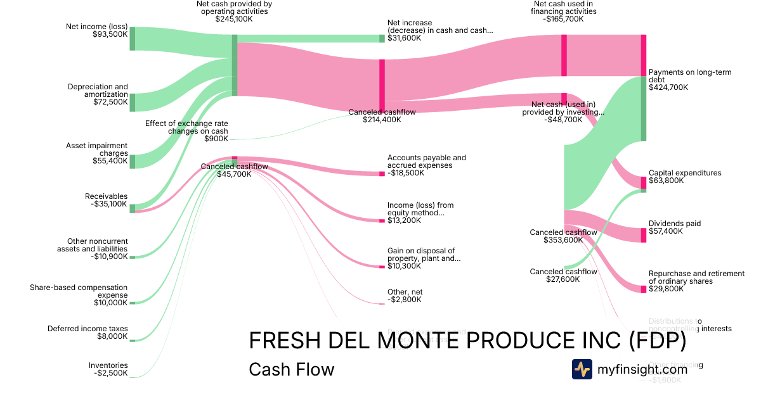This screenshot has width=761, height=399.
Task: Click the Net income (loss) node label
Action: pyautogui.click(x=96, y=27)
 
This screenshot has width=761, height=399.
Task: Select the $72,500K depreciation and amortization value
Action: pyautogui.click(x=110, y=102)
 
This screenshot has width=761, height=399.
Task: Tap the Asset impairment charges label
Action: pyautogui.click(x=96, y=149)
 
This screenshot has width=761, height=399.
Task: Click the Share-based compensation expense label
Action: pyautogui.click(x=79, y=291)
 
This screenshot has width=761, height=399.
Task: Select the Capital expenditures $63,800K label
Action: pyautogui.click(x=685, y=177)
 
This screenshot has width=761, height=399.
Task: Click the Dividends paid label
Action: pyautogui.click(x=675, y=227)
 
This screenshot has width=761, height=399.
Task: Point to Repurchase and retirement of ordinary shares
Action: pyautogui.click(x=696, y=277)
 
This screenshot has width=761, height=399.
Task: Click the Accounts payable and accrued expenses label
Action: pyautogui.click(x=426, y=161)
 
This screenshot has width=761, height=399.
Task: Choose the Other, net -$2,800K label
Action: pyautogui.click(x=405, y=296)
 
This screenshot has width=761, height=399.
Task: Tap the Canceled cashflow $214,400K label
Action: pyautogui.click(x=382, y=115)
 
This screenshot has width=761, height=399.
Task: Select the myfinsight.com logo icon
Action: pyautogui.click(x=582, y=369)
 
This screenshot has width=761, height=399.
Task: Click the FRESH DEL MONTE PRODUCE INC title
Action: pyautogui.click(x=467, y=341)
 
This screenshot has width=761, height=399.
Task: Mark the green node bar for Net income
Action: pyautogui.click(x=133, y=39)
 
